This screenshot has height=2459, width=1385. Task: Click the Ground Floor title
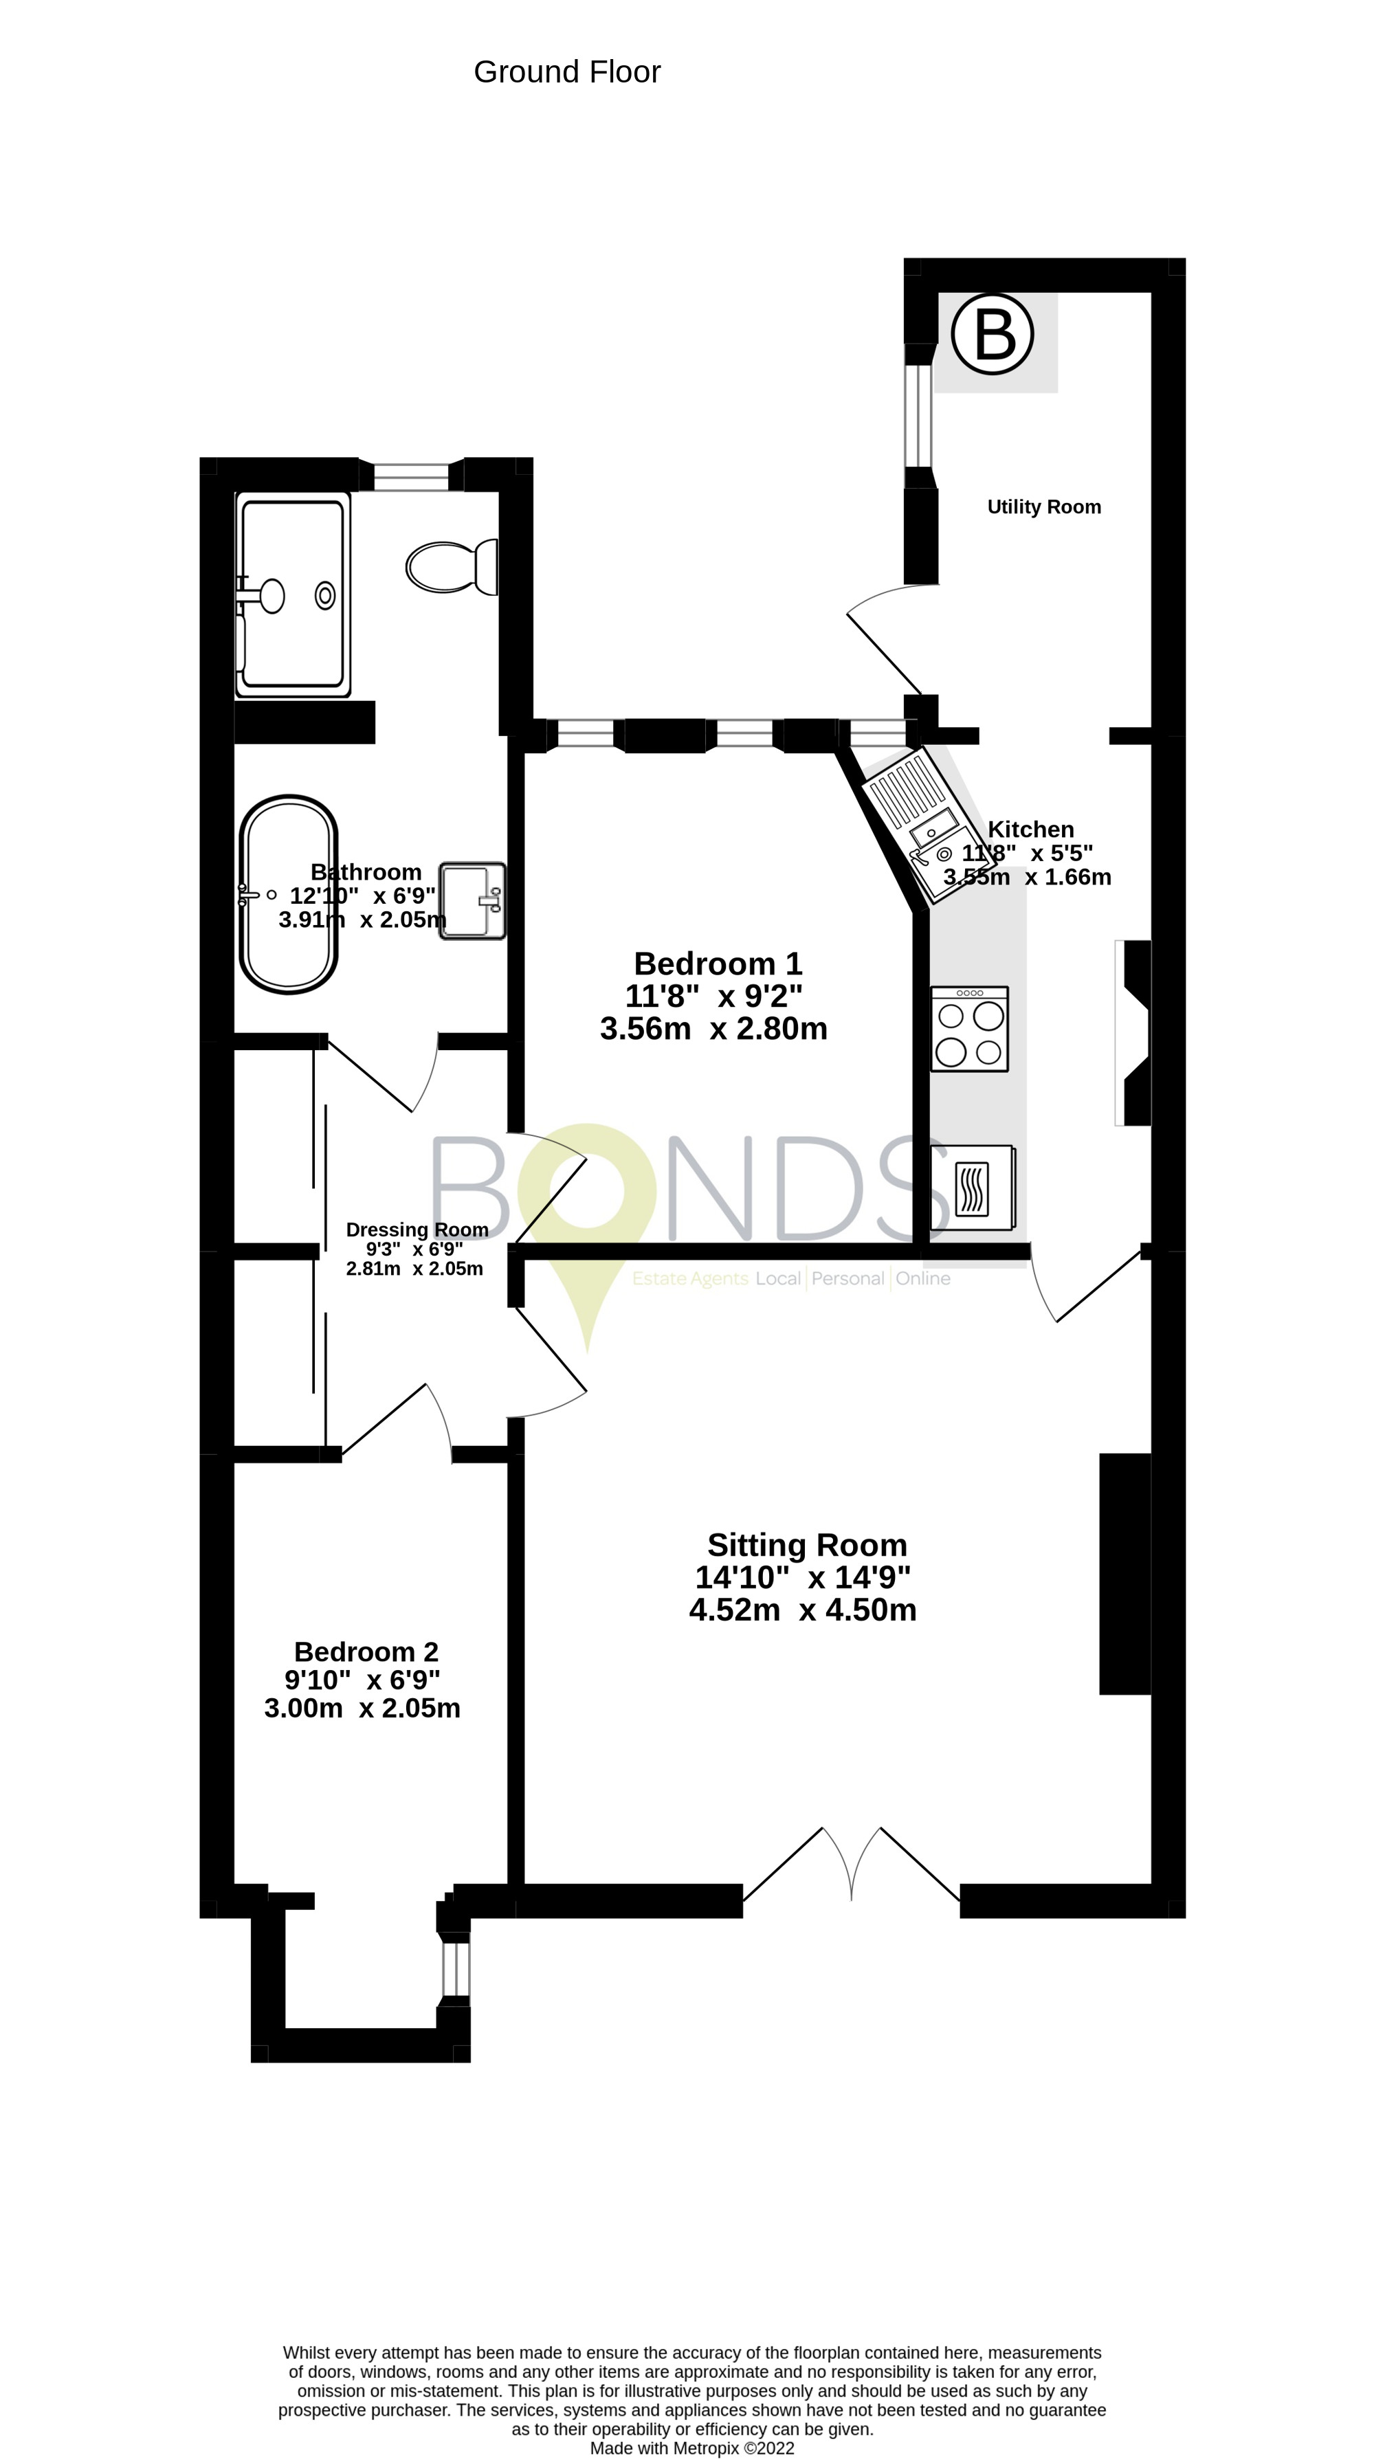point(567,71)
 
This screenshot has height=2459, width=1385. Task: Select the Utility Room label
point(1043,507)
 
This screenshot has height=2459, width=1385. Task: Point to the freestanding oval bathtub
point(288,894)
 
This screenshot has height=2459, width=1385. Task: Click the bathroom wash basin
point(472,900)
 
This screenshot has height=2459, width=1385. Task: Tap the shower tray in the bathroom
point(293,593)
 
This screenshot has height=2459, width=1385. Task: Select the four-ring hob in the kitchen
point(969,1029)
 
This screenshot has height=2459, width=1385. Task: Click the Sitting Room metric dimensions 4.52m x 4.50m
point(803,1610)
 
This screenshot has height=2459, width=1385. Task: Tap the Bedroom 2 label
point(366,1651)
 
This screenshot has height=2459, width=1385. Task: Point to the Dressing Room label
point(417,1229)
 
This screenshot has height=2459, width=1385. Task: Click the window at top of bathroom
point(410,476)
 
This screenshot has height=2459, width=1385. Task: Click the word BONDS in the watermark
point(687,1188)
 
